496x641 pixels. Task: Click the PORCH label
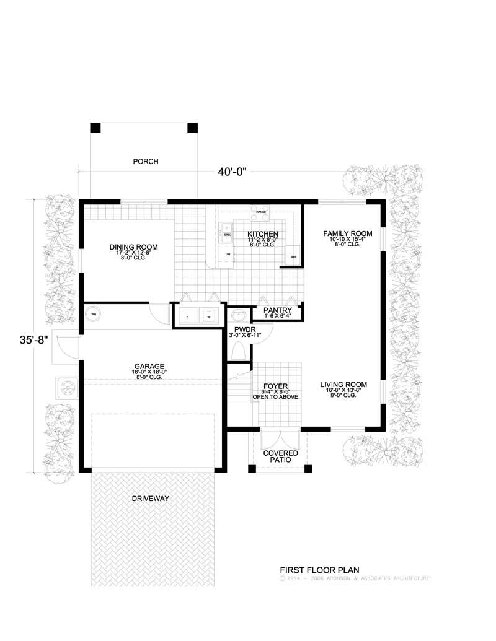click(x=146, y=162)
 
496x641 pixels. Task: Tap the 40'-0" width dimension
click(x=232, y=173)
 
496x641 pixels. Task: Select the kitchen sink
click(x=228, y=235)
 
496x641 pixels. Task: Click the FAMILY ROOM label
click(x=347, y=233)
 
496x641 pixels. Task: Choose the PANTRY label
click(x=278, y=310)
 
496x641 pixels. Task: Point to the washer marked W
click(x=209, y=316)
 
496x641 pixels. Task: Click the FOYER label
click(x=275, y=386)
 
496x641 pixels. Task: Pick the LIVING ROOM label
click(x=343, y=385)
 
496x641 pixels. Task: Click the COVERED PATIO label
click(x=280, y=456)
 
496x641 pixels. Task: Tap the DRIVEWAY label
click(x=150, y=498)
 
